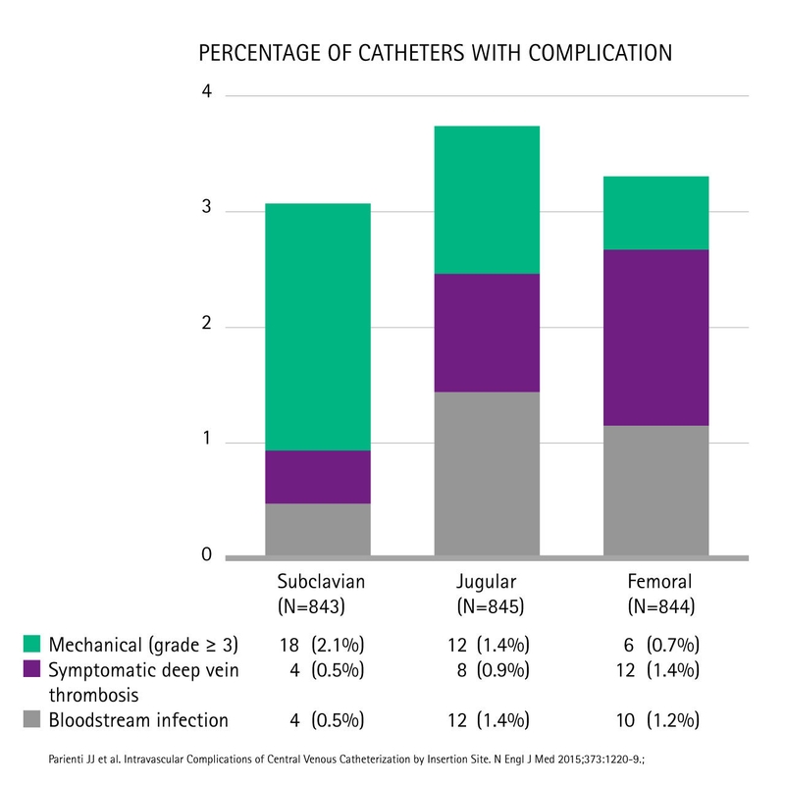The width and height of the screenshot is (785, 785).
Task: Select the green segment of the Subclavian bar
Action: point(317,326)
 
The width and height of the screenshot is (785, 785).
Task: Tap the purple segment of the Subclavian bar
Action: point(317,477)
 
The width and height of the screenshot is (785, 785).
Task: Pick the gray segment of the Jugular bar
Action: point(487,473)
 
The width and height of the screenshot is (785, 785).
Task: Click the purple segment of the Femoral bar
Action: point(655,338)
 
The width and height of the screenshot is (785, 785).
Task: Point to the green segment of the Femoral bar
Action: point(655,213)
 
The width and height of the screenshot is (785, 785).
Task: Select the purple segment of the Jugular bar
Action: point(487,333)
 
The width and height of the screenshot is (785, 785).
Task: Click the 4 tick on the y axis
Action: point(207,92)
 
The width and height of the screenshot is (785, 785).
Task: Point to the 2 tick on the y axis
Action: point(207,324)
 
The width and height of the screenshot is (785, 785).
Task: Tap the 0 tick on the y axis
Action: point(207,554)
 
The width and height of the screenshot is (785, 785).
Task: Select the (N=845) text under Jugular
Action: point(487,606)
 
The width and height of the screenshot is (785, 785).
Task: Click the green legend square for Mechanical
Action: point(32,645)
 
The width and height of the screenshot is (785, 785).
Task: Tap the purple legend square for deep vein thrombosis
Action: point(32,670)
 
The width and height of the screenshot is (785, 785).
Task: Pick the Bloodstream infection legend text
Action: point(138,720)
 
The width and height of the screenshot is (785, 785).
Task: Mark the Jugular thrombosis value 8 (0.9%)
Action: point(489,670)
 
